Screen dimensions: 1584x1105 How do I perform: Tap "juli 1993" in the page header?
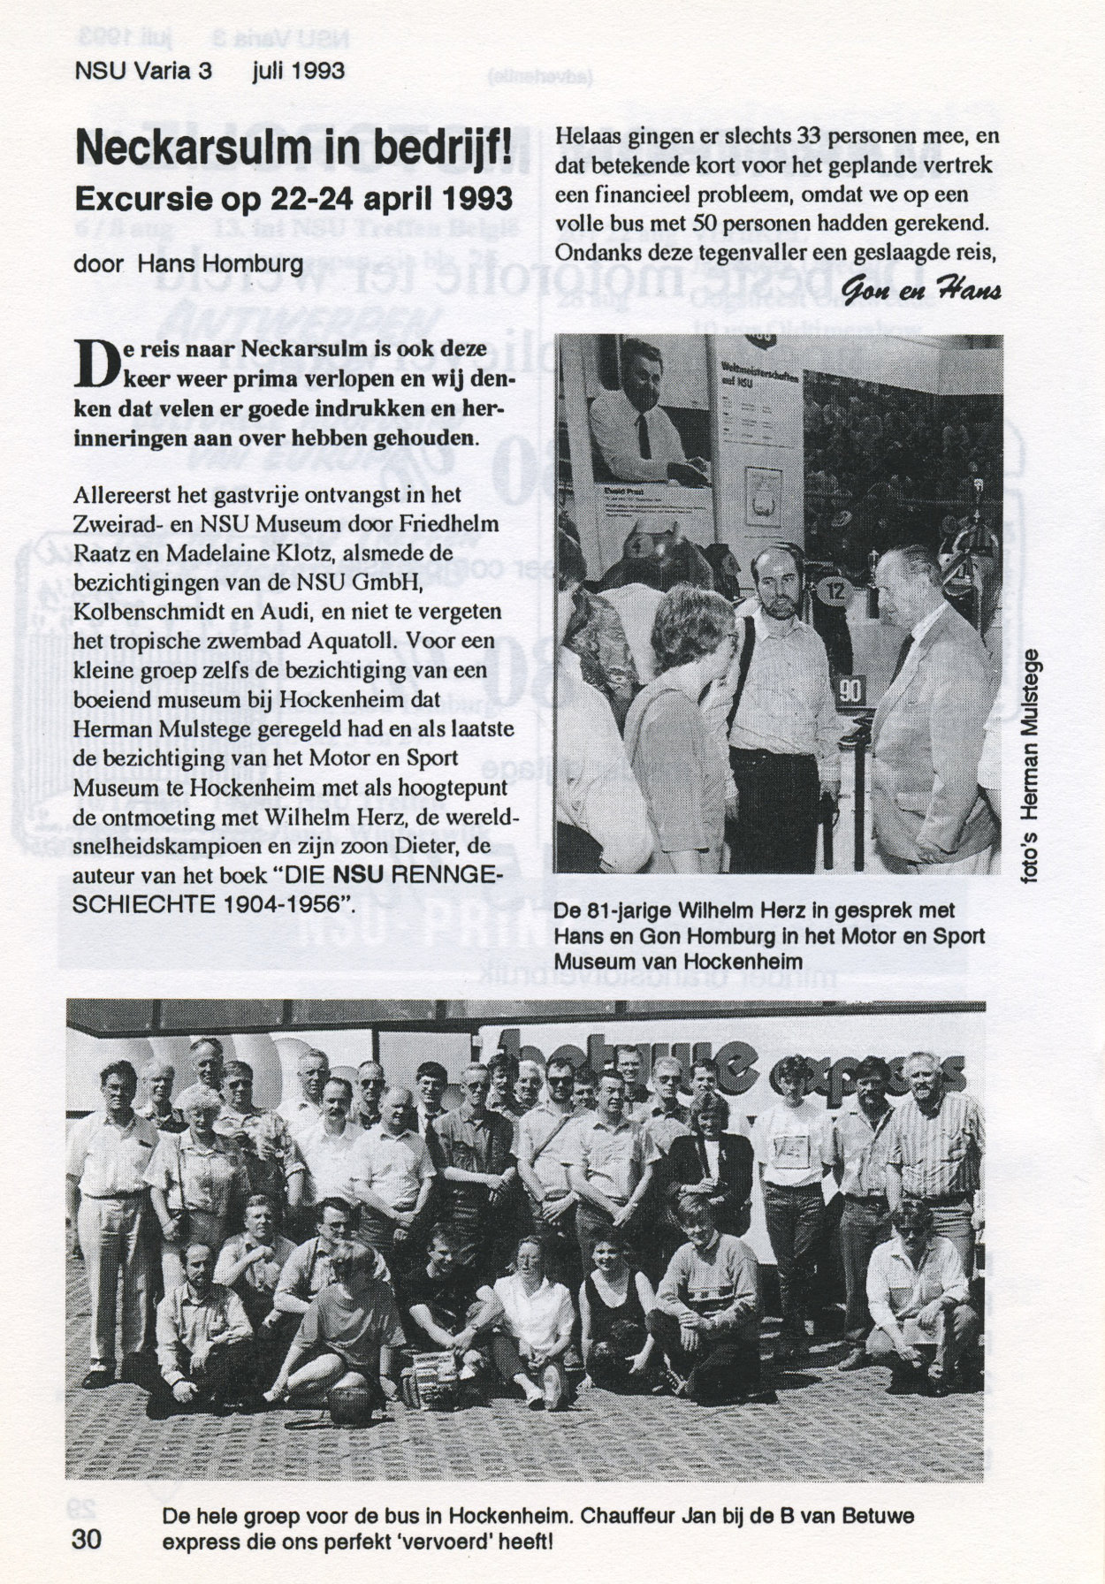[x=298, y=71]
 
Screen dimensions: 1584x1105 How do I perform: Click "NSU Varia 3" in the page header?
[x=145, y=71]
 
